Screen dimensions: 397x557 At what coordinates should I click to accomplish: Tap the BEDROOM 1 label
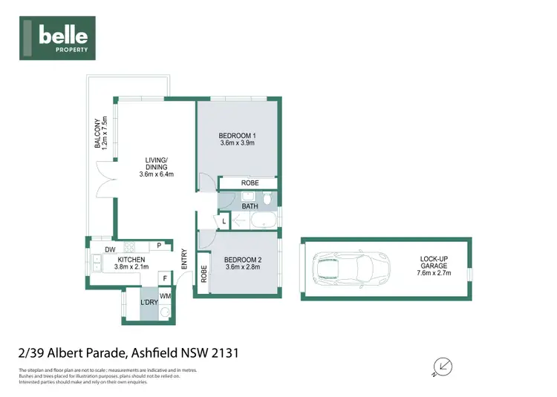[x=238, y=139]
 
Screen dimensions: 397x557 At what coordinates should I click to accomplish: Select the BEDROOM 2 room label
[x=242, y=263]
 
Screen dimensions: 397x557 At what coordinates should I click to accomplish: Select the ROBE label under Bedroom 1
[x=238, y=183]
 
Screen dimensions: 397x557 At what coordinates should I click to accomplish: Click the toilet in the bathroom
[x=267, y=198]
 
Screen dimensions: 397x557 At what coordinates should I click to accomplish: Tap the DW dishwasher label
[x=109, y=249]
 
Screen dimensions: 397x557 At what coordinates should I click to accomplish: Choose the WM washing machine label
[x=165, y=297]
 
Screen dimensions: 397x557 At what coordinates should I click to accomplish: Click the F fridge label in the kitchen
[x=165, y=278]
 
